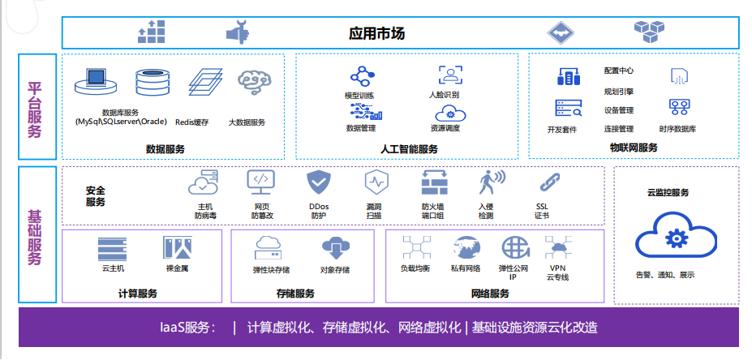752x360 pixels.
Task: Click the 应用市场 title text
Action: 376,33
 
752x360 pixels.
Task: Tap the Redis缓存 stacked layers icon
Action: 204,84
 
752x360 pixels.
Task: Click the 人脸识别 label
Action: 444,95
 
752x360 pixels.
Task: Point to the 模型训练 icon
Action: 360,77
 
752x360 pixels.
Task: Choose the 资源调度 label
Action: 445,128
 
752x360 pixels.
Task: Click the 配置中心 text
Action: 619,71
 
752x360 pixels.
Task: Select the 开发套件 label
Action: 562,130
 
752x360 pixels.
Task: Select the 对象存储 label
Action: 334,270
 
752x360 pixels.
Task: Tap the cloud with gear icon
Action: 676,238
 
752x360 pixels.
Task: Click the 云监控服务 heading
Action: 668,193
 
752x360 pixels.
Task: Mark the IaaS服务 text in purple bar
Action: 188,328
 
